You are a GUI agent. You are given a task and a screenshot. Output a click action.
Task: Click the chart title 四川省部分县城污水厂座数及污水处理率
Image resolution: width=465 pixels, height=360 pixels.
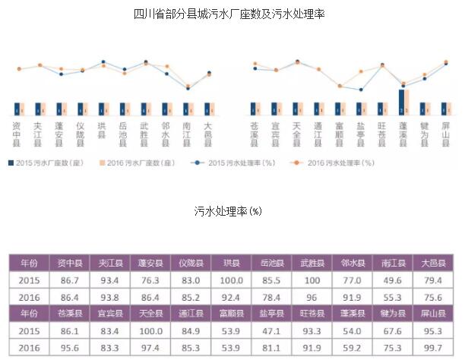tap(228, 14)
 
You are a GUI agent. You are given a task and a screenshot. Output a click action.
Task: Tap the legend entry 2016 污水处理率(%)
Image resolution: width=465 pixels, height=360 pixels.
tap(338, 163)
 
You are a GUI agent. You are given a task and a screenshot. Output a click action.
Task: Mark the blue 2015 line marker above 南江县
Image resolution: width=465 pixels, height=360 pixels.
tap(188, 88)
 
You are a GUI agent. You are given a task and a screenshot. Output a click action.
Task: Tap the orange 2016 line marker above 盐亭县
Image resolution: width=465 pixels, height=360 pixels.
tap(361, 73)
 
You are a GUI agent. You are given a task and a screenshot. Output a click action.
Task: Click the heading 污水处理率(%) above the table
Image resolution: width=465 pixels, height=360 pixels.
tap(228, 210)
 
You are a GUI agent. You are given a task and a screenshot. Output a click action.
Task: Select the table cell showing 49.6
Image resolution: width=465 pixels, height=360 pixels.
tap(393, 279)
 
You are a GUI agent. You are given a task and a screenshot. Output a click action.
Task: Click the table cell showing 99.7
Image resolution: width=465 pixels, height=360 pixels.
tap(435, 349)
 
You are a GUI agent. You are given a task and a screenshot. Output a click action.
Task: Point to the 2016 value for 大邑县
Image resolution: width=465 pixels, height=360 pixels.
tap(435, 297)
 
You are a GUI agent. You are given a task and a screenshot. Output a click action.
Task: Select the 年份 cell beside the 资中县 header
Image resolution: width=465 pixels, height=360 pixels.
tap(29, 263)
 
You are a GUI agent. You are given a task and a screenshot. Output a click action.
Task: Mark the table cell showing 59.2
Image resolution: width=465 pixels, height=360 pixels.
tap(352, 349)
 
